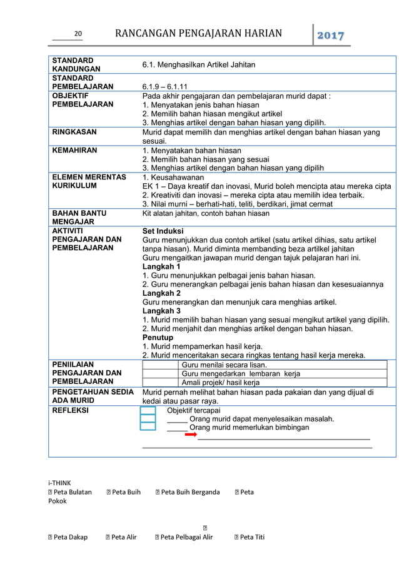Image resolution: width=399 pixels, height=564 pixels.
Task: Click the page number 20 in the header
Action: [x=78, y=34]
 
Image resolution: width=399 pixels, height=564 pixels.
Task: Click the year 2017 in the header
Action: [x=331, y=35]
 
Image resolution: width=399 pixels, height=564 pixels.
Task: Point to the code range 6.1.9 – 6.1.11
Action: [x=165, y=86]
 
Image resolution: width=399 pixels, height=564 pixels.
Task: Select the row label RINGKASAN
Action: [x=74, y=133]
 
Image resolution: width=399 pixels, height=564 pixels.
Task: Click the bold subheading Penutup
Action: [x=158, y=337]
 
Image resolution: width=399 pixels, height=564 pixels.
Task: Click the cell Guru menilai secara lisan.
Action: [x=224, y=365]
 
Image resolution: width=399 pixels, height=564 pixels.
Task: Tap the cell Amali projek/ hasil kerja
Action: [x=220, y=382]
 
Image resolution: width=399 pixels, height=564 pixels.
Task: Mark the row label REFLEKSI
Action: [x=70, y=410]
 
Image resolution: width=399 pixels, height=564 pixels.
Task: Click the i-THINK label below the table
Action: [x=59, y=482]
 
